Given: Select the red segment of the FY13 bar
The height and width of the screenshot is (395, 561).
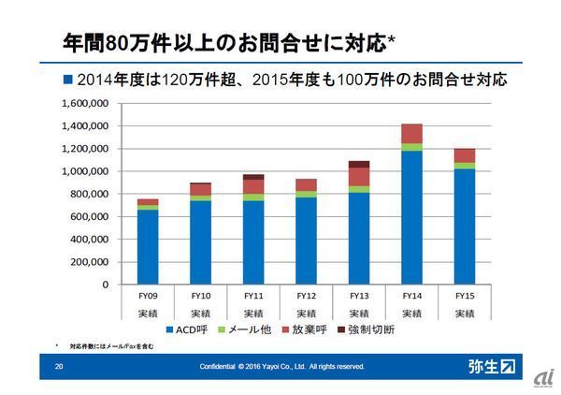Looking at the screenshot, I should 358,176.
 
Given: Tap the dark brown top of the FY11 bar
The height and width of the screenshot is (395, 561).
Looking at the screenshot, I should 253,176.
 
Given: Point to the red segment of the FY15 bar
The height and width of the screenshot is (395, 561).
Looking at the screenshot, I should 464,155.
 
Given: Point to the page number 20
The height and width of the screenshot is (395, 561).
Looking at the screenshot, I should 59,366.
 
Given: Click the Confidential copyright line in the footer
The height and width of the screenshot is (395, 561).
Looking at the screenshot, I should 281,366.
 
